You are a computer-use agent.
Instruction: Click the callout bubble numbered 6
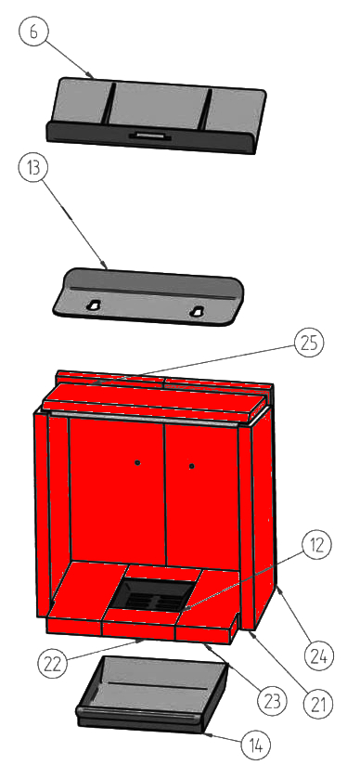33,31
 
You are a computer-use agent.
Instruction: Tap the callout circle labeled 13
33,168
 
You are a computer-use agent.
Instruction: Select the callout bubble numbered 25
309,343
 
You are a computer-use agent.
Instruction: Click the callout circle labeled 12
316,545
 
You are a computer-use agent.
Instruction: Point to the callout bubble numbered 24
319,656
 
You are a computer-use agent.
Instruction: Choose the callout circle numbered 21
317,703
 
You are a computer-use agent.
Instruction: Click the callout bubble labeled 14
256,745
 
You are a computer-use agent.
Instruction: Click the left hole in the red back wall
138,462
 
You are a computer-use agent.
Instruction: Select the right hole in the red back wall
192,466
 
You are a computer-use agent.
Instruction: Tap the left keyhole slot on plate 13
93,305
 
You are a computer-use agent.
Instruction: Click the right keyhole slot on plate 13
197,311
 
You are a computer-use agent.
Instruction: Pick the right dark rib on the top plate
206,110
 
